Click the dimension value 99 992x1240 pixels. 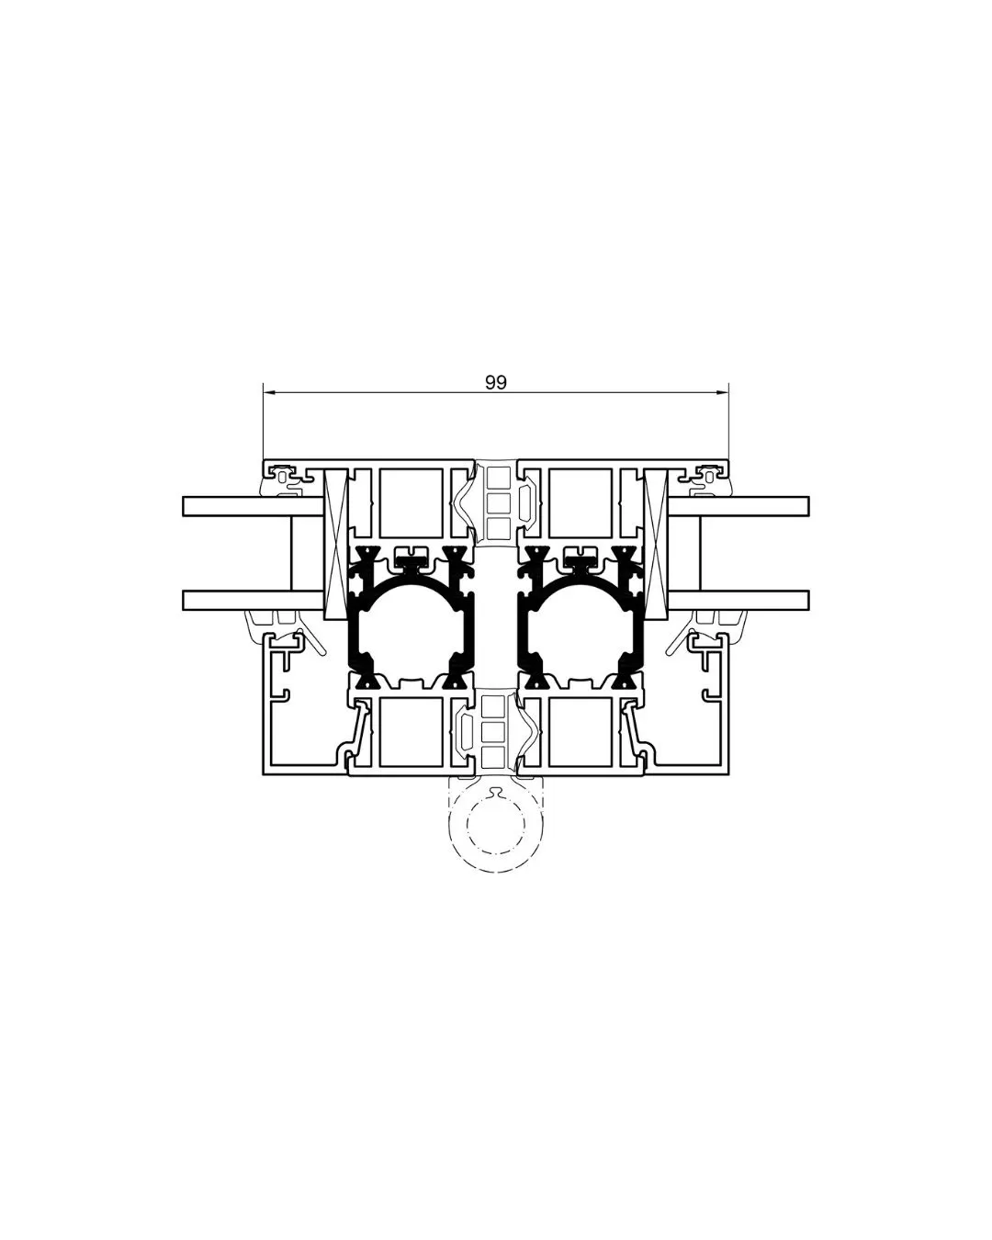point(496,383)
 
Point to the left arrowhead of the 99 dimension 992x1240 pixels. point(268,393)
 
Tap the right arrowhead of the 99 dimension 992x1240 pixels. point(724,393)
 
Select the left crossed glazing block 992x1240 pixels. point(337,542)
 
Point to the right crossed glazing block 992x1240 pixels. point(656,542)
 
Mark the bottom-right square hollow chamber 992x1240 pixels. point(581,731)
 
